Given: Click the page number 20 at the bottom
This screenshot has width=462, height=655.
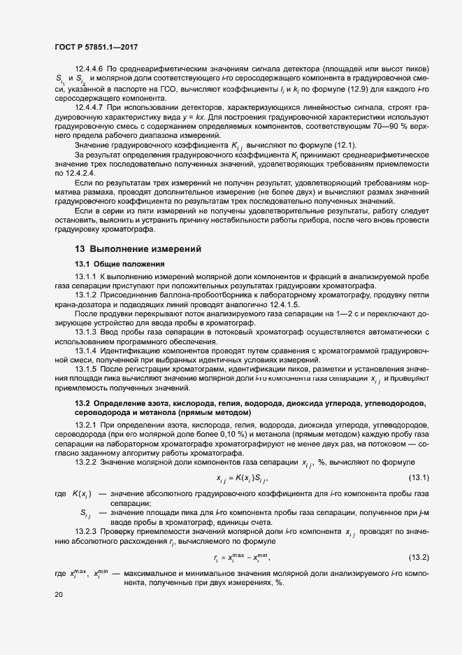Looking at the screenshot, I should click(x=58, y=594).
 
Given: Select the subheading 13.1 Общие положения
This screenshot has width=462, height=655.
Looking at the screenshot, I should click(x=120, y=264).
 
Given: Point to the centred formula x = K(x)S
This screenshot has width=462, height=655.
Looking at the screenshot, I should click(x=243, y=479).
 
